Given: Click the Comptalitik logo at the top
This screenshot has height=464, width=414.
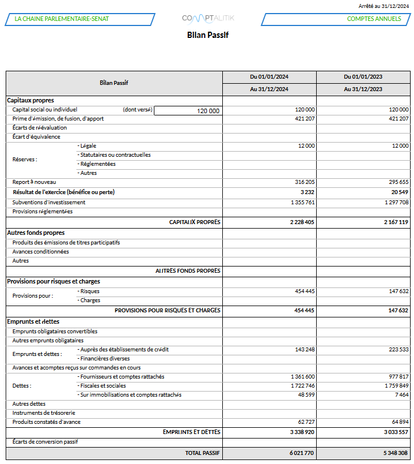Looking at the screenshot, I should click(x=208, y=19).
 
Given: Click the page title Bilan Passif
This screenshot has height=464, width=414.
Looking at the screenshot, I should click(x=208, y=35).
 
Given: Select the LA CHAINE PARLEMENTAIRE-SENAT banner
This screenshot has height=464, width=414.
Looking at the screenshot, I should click(x=79, y=19).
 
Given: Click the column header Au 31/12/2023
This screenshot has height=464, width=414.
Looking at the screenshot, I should click(x=363, y=89).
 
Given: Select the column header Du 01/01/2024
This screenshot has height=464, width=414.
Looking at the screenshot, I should click(x=269, y=76).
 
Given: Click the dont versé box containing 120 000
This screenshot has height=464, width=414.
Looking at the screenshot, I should click(x=188, y=111).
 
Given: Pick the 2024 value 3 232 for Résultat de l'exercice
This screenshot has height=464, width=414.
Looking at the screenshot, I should click(x=308, y=192).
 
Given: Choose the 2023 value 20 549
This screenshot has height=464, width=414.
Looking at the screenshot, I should click(x=399, y=192).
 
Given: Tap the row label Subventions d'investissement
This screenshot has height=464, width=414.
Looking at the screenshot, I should click(x=49, y=202).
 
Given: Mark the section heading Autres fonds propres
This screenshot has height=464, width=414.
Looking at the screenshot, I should click(x=36, y=233).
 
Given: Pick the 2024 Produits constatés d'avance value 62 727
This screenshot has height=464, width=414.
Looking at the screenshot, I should click(x=306, y=422).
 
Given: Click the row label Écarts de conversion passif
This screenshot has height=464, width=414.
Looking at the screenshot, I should click(x=45, y=441).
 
